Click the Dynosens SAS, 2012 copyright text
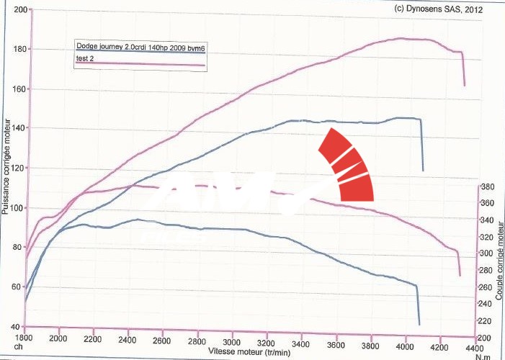tap(439, 10)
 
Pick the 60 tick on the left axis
tap(17, 287)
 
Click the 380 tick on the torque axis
tap(487, 186)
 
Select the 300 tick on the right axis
tap(487, 253)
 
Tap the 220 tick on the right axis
tap(487, 321)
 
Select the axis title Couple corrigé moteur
tap(499, 259)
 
